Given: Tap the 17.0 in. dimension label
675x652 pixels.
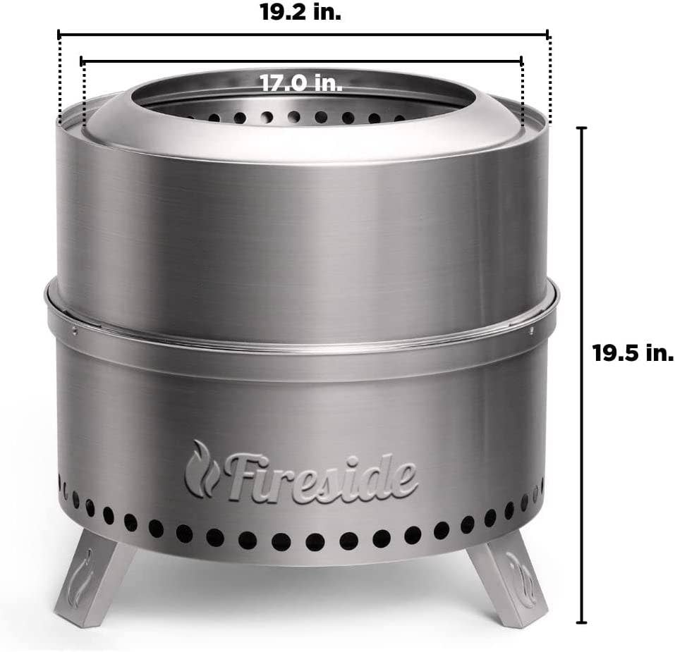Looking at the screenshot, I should [x=301, y=83].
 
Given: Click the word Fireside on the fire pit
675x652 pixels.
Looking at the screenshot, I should [x=322, y=476].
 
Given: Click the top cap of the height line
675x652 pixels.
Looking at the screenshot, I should [x=581, y=128].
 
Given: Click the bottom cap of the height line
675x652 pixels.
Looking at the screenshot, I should [x=581, y=622].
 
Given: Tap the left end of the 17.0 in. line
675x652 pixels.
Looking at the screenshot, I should [x=83, y=61].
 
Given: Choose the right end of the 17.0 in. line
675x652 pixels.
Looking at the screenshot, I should [x=522, y=61].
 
